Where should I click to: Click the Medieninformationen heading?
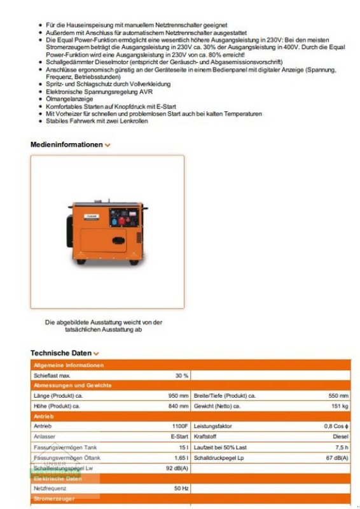(66, 144)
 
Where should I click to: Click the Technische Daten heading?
(61, 352)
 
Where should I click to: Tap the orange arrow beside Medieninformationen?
(107, 145)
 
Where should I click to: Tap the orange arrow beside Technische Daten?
(97, 353)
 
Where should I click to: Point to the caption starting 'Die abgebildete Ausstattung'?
(103, 326)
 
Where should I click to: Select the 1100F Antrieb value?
(179, 426)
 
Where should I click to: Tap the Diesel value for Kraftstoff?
(340, 436)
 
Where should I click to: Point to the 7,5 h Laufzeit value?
(342, 447)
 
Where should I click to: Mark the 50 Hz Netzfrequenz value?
(181, 489)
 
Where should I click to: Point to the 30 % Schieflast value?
(182, 375)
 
